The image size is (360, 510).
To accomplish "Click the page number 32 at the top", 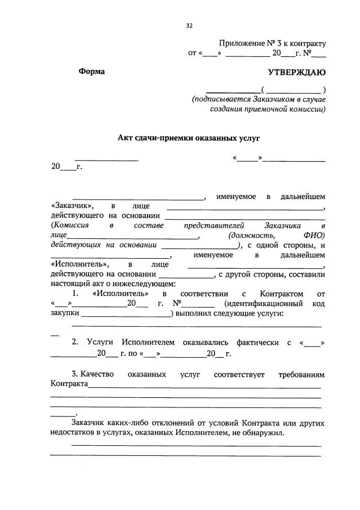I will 189,25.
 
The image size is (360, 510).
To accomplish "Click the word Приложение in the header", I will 242,43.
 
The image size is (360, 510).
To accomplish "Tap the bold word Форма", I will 92,72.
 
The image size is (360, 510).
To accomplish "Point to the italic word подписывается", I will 221,100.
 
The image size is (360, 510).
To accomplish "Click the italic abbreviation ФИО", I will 314,236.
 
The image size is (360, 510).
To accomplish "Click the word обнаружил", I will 263,433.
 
